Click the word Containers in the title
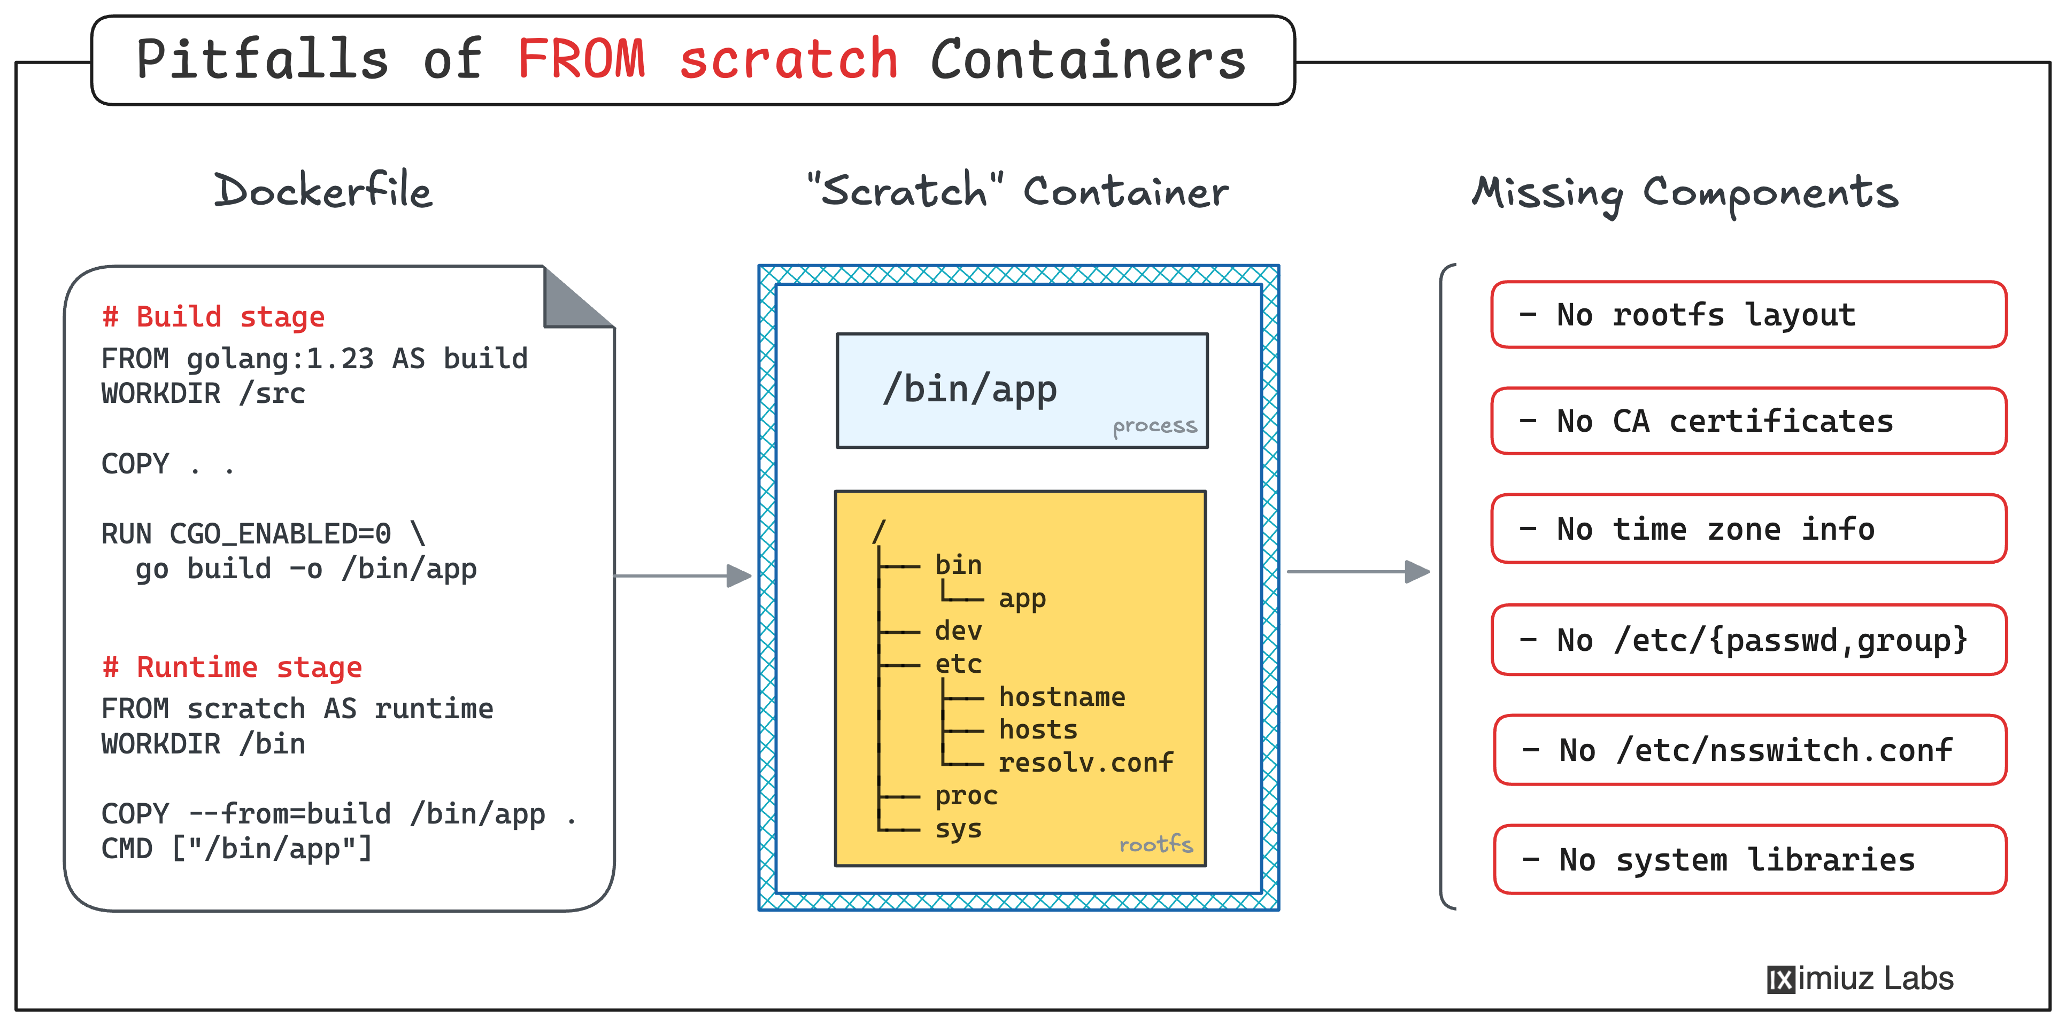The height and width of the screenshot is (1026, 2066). tap(1089, 59)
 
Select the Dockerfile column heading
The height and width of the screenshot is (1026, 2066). tap(322, 191)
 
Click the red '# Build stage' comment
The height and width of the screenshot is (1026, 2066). tap(213, 316)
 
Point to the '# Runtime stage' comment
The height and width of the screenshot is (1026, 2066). tap(232, 667)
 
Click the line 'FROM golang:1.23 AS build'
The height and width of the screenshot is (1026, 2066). tap(314, 358)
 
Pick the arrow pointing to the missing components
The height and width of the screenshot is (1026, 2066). tap(1359, 572)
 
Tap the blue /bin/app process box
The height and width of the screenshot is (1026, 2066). tap(1022, 390)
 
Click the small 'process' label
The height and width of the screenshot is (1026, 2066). tap(1155, 425)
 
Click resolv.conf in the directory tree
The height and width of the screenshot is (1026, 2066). tap(1086, 761)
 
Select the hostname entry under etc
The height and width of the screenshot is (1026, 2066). tap(1062, 697)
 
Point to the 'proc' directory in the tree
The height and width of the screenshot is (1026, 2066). tap(967, 796)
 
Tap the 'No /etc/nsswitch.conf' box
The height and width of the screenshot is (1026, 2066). tap(1750, 749)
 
